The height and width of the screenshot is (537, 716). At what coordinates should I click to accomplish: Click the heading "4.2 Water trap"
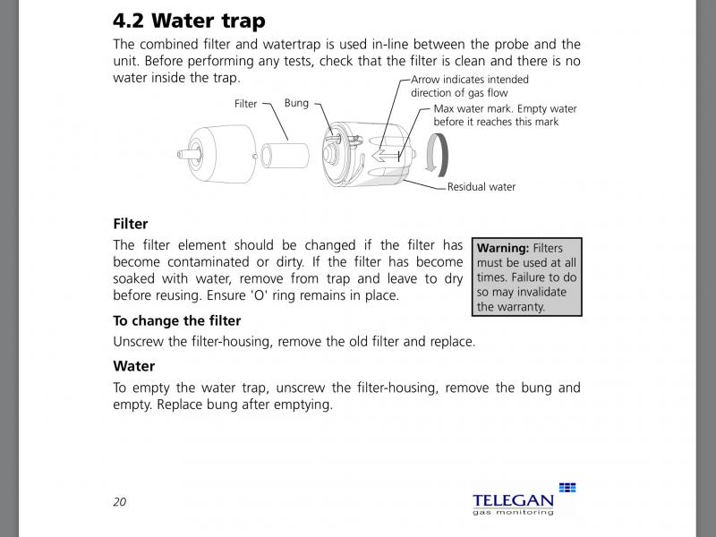pyautogui.click(x=189, y=21)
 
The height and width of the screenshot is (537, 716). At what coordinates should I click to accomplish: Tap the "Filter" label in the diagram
pyautogui.click(x=245, y=104)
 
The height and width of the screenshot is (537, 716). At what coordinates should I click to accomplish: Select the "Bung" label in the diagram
pyautogui.click(x=296, y=103)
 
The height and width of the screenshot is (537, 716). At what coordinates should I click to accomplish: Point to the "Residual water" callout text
pyautogui.click(x=482, y=187)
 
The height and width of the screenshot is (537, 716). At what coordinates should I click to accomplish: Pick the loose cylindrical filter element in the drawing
pyautogui.click(x=285, y=155)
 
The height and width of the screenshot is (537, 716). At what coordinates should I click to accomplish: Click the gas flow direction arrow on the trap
pyautogui.click(x=387, y=156)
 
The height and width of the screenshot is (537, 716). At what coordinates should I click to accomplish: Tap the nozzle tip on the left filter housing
pyautogui.click(x=181, y=154)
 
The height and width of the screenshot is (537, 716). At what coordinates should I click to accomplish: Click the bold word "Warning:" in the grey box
pyautogui.click(x=503, y=248)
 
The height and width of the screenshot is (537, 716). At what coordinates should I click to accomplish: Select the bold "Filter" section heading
pyautogui.click(x=131, y=224)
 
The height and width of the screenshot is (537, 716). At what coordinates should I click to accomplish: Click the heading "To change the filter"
pyautogui.click(x=176, y=320)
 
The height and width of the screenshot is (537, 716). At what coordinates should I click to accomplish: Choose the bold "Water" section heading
pyautogui.click(x=133, y=366)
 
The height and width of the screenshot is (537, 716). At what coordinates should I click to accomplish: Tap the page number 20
pyautogui.click(x=120, y=502)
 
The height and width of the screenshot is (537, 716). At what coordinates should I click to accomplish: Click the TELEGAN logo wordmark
pyautogui.click(x=513, y=501)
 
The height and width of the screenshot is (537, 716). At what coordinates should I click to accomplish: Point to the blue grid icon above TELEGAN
pyautogui.click(x=567, y=487)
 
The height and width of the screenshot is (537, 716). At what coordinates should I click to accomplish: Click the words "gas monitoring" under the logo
pyautogui.click(x=513, y=512)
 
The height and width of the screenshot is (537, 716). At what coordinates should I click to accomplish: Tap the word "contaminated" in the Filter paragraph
pyautogui.click(x=208, y=262)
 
